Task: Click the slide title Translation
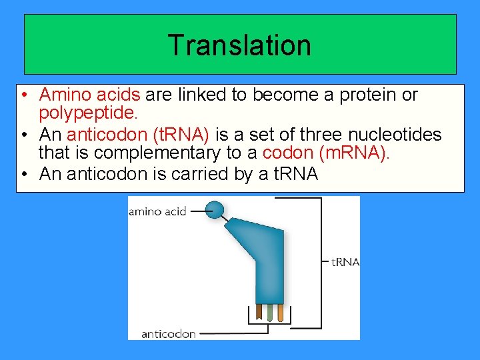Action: coord(239,45)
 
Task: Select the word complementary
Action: coord(157,153)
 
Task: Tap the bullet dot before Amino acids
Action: coord(23,95)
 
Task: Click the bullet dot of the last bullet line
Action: coord(23,175)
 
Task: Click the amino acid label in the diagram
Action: coord(157,211)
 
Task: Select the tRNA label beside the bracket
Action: coord(345,262)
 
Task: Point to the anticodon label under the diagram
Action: coord(168,333)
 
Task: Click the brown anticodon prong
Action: coord(259,311)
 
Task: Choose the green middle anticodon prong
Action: coord(269,311)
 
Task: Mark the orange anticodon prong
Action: coord(280,311)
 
